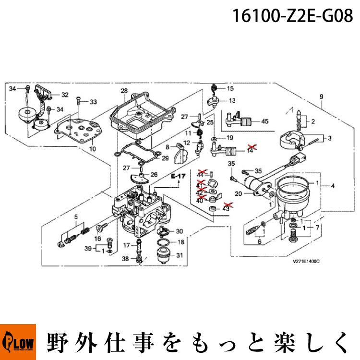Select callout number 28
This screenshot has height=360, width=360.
point(124,91)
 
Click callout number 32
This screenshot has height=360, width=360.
point(65,95)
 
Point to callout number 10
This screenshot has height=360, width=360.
point(93,149)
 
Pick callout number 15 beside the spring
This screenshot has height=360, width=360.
point(230,89)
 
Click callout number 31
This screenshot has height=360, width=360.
point(180,255)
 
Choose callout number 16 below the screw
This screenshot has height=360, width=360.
point(97,239)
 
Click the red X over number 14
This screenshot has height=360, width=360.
point(251,147)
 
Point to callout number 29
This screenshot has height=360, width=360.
point(165,158)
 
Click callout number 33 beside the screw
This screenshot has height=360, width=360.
point(93,102)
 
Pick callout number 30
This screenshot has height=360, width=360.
point(179,231)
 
